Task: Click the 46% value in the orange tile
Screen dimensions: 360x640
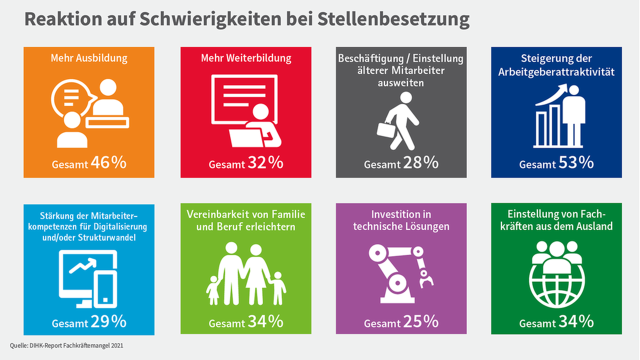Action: point(108,163)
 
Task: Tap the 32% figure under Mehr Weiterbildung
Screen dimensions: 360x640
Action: point(265,163)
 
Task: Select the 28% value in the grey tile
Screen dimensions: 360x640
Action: point(421,163)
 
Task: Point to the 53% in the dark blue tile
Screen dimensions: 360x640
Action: point(576,163)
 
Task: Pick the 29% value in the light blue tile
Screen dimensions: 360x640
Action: point(108,322)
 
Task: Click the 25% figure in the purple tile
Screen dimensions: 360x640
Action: point(421,322)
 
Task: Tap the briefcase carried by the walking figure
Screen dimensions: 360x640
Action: point(386,129)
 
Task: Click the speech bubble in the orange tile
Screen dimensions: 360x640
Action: point(72,95)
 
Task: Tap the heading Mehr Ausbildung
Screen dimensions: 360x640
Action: point(89,58)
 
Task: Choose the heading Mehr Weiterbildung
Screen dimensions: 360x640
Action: point(246,58)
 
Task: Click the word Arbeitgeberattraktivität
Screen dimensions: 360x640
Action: point(556,72)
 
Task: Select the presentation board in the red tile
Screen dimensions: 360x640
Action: point(244,99)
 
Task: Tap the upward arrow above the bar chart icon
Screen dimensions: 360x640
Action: point(552,94)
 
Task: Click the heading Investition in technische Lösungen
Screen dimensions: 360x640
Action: point(401,220)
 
